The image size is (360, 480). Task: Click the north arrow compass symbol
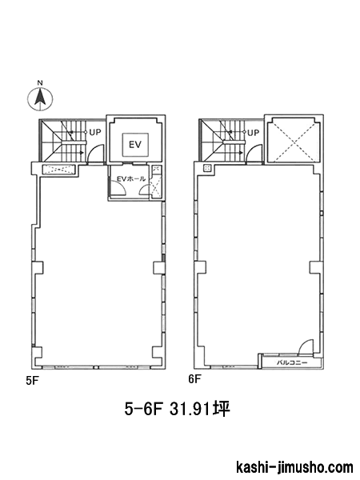[40, 99]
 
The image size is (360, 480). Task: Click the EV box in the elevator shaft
[136, 144]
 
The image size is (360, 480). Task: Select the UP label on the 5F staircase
[95, 133]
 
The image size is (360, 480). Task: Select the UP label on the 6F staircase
[253, 133]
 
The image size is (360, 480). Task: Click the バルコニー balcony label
[292, 362]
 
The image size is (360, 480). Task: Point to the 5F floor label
[31, 381]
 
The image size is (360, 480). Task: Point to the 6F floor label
[194, 379]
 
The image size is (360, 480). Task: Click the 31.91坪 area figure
[199, 409]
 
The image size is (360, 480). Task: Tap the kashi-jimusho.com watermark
[294, 468]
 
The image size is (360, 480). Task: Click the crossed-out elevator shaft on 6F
[294, 142]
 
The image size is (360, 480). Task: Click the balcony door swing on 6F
[306, 346]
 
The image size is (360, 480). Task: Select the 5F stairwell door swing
[95, 153]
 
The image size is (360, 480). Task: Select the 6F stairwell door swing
[254, 153]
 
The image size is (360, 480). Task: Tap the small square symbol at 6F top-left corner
[207, 168]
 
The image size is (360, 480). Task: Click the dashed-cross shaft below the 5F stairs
[58, 170]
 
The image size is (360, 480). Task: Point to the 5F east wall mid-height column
[158, 267]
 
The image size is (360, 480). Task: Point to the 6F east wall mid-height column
[315, 267]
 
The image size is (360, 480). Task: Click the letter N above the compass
[40, 82]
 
